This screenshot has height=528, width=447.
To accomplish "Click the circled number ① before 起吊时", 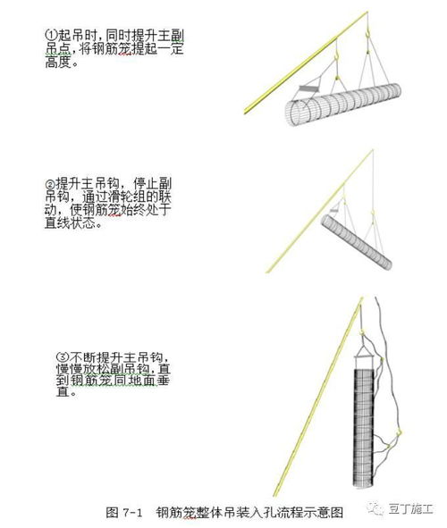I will click(48, 34).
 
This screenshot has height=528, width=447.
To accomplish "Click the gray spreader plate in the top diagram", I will click(309, 90).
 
